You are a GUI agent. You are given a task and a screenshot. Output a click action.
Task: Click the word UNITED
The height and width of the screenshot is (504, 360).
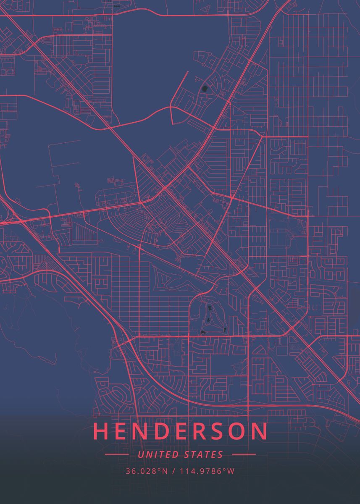coord(159,454)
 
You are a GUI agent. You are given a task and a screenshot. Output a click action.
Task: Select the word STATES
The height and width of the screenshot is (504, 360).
coord(203,454)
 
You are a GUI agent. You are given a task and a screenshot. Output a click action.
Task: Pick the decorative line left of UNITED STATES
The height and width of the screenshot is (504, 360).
coord(116,454)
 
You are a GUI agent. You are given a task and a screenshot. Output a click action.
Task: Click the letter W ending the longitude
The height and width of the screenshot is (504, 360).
coord(231,471)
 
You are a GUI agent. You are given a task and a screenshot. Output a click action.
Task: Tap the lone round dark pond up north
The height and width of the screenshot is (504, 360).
coord(205,89)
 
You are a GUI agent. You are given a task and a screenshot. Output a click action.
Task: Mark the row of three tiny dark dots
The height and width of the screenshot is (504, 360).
coord(116,6)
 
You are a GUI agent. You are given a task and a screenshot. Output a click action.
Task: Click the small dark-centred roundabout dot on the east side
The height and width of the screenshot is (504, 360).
coord(308,256)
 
